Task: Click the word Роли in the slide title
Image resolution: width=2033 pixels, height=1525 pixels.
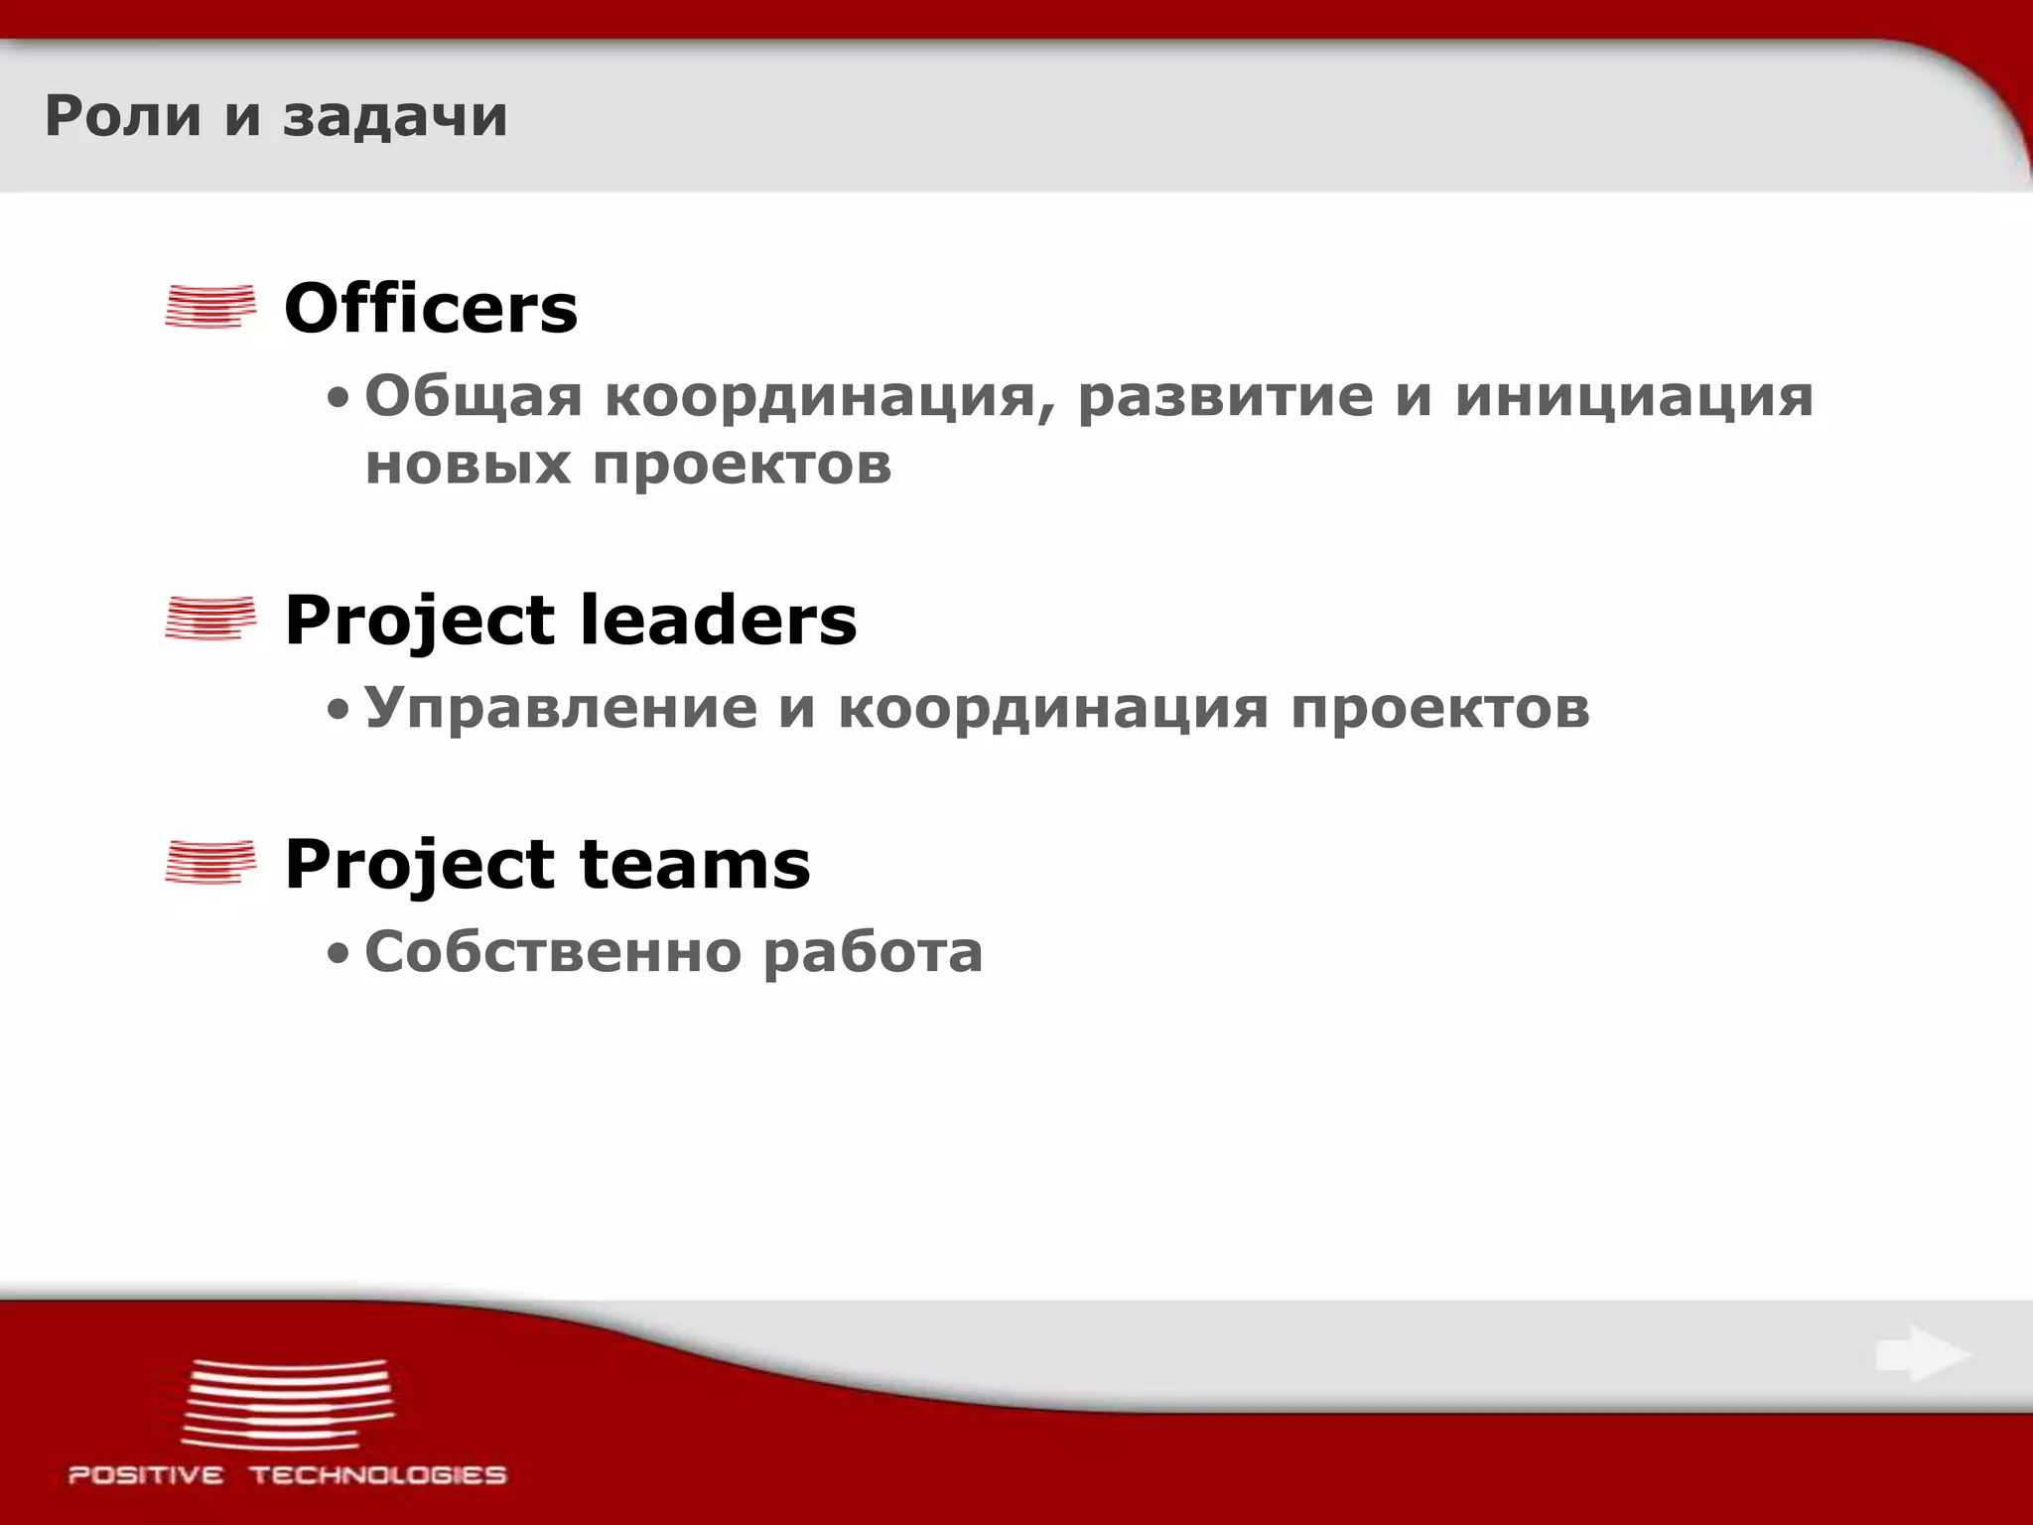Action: (x=123, y=116)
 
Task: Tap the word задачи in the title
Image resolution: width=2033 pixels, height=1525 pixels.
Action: (x=395, y=116)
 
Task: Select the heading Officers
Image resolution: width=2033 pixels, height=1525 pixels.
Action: (x=431, y=308)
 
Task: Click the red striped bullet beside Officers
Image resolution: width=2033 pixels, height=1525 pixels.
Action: (x=210, y=306)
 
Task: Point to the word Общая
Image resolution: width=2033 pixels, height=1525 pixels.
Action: (x=474, y=396)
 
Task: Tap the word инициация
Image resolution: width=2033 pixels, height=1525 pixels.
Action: (x=1634, y=396)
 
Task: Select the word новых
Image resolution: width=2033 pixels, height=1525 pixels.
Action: (x=468, y=464)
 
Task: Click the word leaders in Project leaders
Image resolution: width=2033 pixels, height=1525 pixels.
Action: (x=718, y=620)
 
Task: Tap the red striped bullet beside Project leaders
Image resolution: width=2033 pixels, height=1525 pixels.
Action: (x=210, y=618)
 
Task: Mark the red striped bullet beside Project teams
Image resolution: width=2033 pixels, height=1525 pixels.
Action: (x=210, y=861)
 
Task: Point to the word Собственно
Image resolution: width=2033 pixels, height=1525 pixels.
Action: (x=553, y=951)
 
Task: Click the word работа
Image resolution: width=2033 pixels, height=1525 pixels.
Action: (x=873, y=951)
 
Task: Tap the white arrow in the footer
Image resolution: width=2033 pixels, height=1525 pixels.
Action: (x=1922, y=1354)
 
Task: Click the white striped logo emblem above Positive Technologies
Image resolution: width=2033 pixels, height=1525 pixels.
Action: (x=288, y=1404)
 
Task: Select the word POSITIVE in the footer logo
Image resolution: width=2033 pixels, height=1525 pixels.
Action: (x=146, y=1475)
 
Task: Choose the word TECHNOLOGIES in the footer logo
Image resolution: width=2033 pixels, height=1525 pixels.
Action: (x=378, y=1475)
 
